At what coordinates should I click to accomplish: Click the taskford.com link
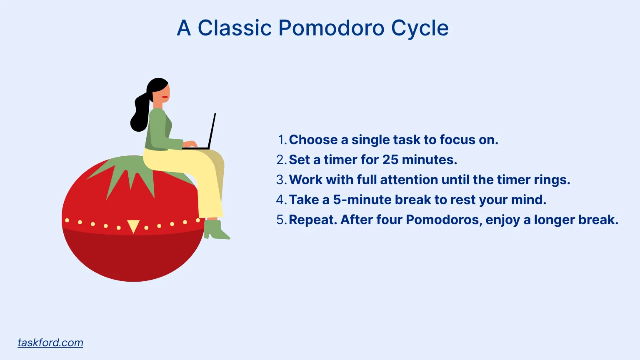(x=50, y=342)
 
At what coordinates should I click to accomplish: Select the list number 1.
(x=282, y=140)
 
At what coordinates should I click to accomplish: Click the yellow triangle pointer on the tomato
(x=133, y=226)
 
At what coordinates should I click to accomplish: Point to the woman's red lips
(x=165, y=97)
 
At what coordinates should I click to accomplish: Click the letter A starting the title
(x=184, y=28)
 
